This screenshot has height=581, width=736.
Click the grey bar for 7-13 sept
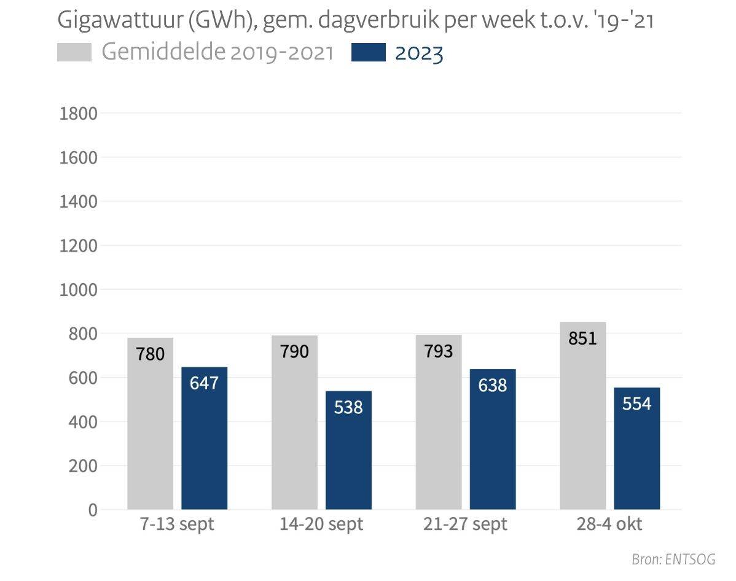(x=150, y=424)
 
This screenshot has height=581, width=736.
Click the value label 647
(x=204, y=383)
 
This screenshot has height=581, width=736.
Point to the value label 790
(x=294, y=351)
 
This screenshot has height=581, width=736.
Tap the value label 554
(x=636, y=404)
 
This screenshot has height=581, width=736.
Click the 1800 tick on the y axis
(x=79, y=114)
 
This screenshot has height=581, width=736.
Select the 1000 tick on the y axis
(x=79, y=290)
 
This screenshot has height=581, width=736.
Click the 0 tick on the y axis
(x=93, y=510)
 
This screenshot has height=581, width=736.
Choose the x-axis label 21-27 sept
(x=465, y=525)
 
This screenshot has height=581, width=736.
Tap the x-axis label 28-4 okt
(x=609, y=525)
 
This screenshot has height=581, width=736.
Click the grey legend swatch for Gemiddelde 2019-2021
(x=74, y=53)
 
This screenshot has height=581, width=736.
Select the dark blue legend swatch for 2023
(x=369, y=53)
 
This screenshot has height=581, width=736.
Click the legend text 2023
(x=419, y=53)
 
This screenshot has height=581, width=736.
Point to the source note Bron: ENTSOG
(x=673, y=560)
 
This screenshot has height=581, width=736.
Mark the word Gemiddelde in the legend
(x=163, y=53)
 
